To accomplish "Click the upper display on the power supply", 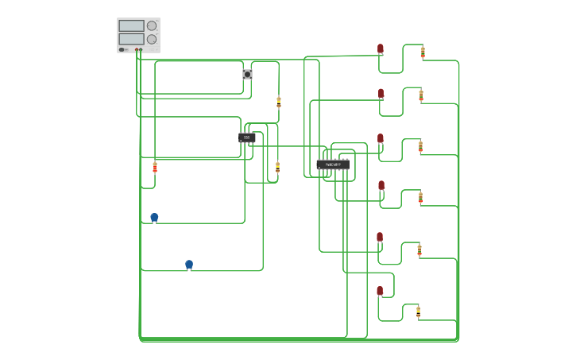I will tap(131, 25).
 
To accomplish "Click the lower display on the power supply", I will tap(131, 39).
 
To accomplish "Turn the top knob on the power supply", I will tap(152, 25).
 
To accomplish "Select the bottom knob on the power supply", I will tap(152, 39).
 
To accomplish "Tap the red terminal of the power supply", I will tap(137, 50).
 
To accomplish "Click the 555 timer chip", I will tap(246, 137).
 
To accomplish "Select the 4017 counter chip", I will tap(333, 165).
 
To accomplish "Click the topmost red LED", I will tap(381, 48).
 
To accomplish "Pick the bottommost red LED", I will tap(380, 291).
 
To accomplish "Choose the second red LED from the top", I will tap(381, 93).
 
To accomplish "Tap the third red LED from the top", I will tap(381, 138).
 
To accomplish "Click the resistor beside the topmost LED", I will tap(423, 52).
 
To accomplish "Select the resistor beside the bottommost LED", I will tap(418, 312).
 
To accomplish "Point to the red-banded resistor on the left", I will tap(155, 167).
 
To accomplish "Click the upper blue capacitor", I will tap(154, 217).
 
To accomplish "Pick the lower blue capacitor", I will tap(189, 264).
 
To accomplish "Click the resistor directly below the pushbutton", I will tap(279, 102).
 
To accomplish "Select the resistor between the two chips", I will tap(277, 167).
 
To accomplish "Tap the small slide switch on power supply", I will tap(122, 49).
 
